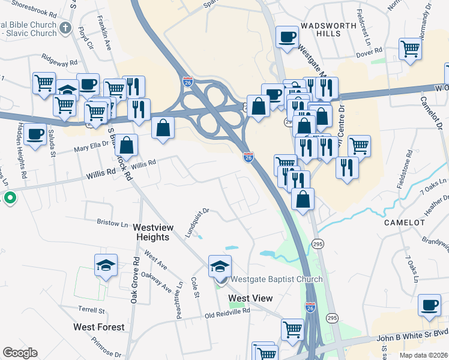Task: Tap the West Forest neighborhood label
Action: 99,327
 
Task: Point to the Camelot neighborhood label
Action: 405,222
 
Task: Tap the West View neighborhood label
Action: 250,298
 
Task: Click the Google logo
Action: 20,353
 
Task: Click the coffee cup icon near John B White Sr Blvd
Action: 429,304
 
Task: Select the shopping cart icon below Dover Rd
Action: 410,48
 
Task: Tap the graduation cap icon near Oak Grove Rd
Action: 106,264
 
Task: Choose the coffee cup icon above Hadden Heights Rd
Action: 35,133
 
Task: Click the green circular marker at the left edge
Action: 10,197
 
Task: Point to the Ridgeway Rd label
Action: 60,60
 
